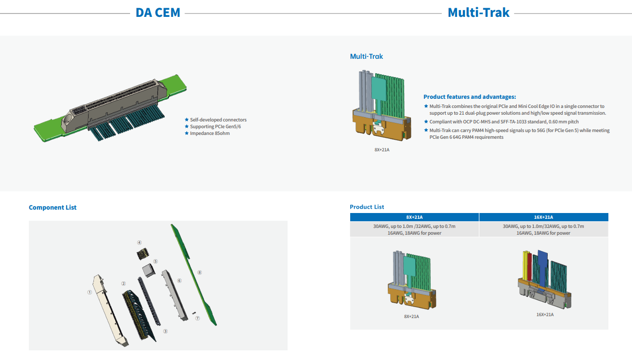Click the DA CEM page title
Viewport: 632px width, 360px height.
pyautogui.click(x=158, y=13)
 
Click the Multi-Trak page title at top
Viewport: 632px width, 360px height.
pyautogui.click(x=478, y=13)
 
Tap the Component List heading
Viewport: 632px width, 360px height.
pyautogui.click(x=53, y=208)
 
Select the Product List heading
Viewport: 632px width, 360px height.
pyautogui.click(x=367, y=207)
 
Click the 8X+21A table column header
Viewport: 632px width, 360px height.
pyautogui.click(x=414, y=217)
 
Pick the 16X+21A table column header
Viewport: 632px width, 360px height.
pyautogui.click(x=544, y=217)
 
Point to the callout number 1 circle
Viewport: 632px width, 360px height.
pyautogui.click(x=89, y=292)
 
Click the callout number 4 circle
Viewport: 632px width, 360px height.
pyautogui.click(x=139, y=242)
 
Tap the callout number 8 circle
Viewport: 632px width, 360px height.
pyautogui.click(x=199, y=272)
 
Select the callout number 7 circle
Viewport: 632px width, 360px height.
pyautogui.click(x=197, y=319)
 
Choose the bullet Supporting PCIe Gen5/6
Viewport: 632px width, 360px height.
pyautogui.click(x=215, y=127)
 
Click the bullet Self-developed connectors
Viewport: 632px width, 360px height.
pyautogui.click(x=218, y=120)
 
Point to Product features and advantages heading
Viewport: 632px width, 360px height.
pyautogui.click(x=469, y=97)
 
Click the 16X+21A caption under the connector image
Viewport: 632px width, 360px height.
pyautogui.click(x=545, y=315)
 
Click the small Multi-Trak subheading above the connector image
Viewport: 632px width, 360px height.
pyautogui.click(x=366, y=56)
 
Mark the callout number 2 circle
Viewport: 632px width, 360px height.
pyautogui.click(x=123, y=284)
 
